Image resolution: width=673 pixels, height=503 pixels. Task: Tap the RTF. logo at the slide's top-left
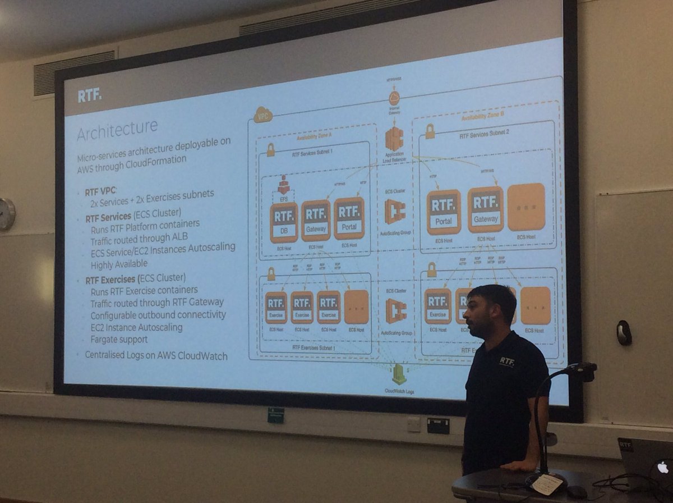(90, 95)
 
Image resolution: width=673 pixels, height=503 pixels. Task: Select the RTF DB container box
(283, 222)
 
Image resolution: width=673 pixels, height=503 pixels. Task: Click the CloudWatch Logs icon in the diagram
(399, 373)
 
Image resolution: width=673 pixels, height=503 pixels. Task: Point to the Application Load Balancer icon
(394, 139)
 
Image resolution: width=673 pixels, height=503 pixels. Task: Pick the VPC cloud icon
(262, 116)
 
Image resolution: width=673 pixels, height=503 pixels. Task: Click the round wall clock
(6, 214)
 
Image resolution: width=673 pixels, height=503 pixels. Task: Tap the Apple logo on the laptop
(663, 467)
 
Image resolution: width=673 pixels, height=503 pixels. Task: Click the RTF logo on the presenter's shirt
(506, 361)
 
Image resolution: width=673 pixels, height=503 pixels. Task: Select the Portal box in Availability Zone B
(443, 212)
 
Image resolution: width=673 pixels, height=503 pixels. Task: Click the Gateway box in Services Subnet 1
(316, 221)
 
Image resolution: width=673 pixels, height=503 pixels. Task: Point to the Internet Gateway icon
(394, 98)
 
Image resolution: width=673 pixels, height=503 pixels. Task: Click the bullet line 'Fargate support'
(119, 340)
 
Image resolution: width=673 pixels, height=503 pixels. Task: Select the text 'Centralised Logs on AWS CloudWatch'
(156, 355)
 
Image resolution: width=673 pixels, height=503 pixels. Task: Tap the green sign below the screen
(275, 415)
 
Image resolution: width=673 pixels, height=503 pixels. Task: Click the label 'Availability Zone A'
(315, 137)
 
